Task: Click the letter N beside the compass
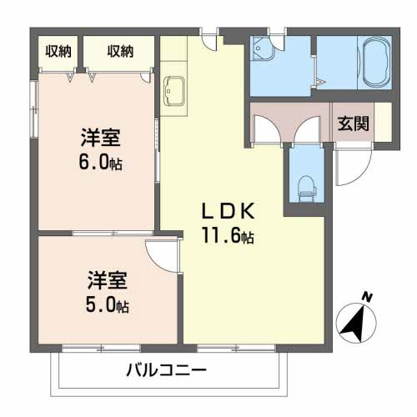tap(368, 296)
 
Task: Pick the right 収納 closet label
tap(120, 52)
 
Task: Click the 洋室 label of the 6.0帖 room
tap(97, 137)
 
